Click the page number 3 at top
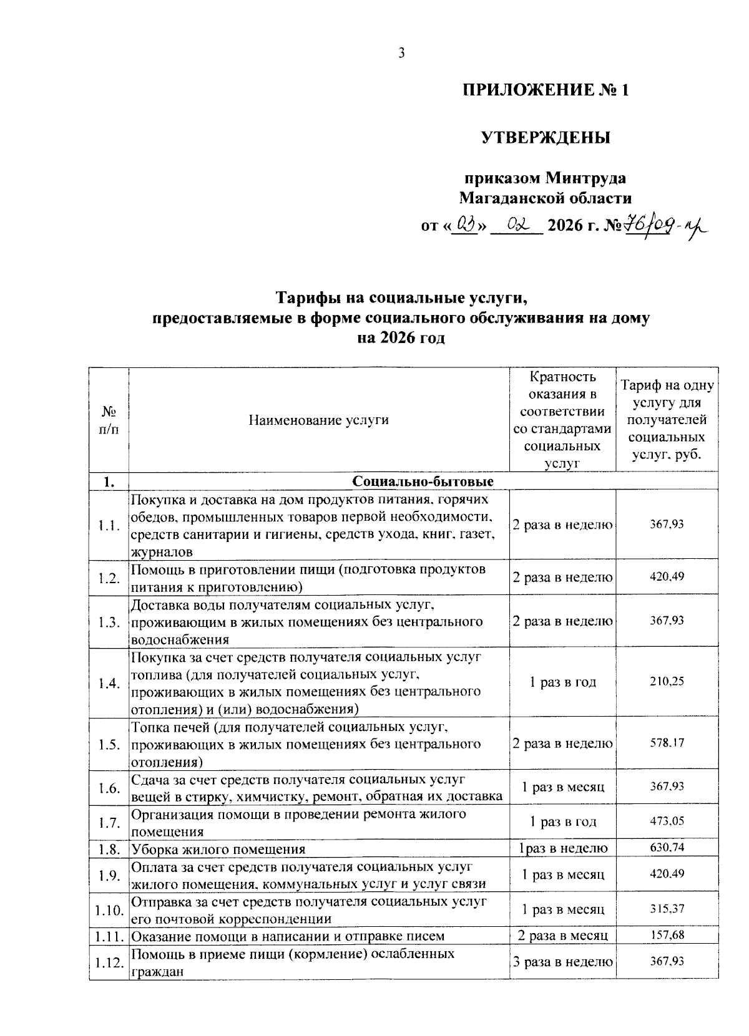click(402, 54)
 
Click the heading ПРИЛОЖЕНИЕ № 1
click(545, 90)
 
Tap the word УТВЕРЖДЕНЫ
click(545, 137)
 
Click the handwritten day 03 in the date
click(466, 225)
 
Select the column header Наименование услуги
click(318, 420)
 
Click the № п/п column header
click(109, 420)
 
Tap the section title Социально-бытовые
click(423, 482)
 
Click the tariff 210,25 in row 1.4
click(667, 681)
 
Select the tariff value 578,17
click(667, 743)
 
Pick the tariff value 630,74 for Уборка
click(667, 848)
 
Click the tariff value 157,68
click(667, 935)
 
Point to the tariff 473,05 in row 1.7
click(667, 821)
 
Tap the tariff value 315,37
click(667, 909)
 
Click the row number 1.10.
click(109, 910)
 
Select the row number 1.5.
click(109, 745)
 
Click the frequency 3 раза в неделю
click(562, 962)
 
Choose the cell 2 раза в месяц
click(562, 936)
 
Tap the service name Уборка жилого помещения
click(218, 849)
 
